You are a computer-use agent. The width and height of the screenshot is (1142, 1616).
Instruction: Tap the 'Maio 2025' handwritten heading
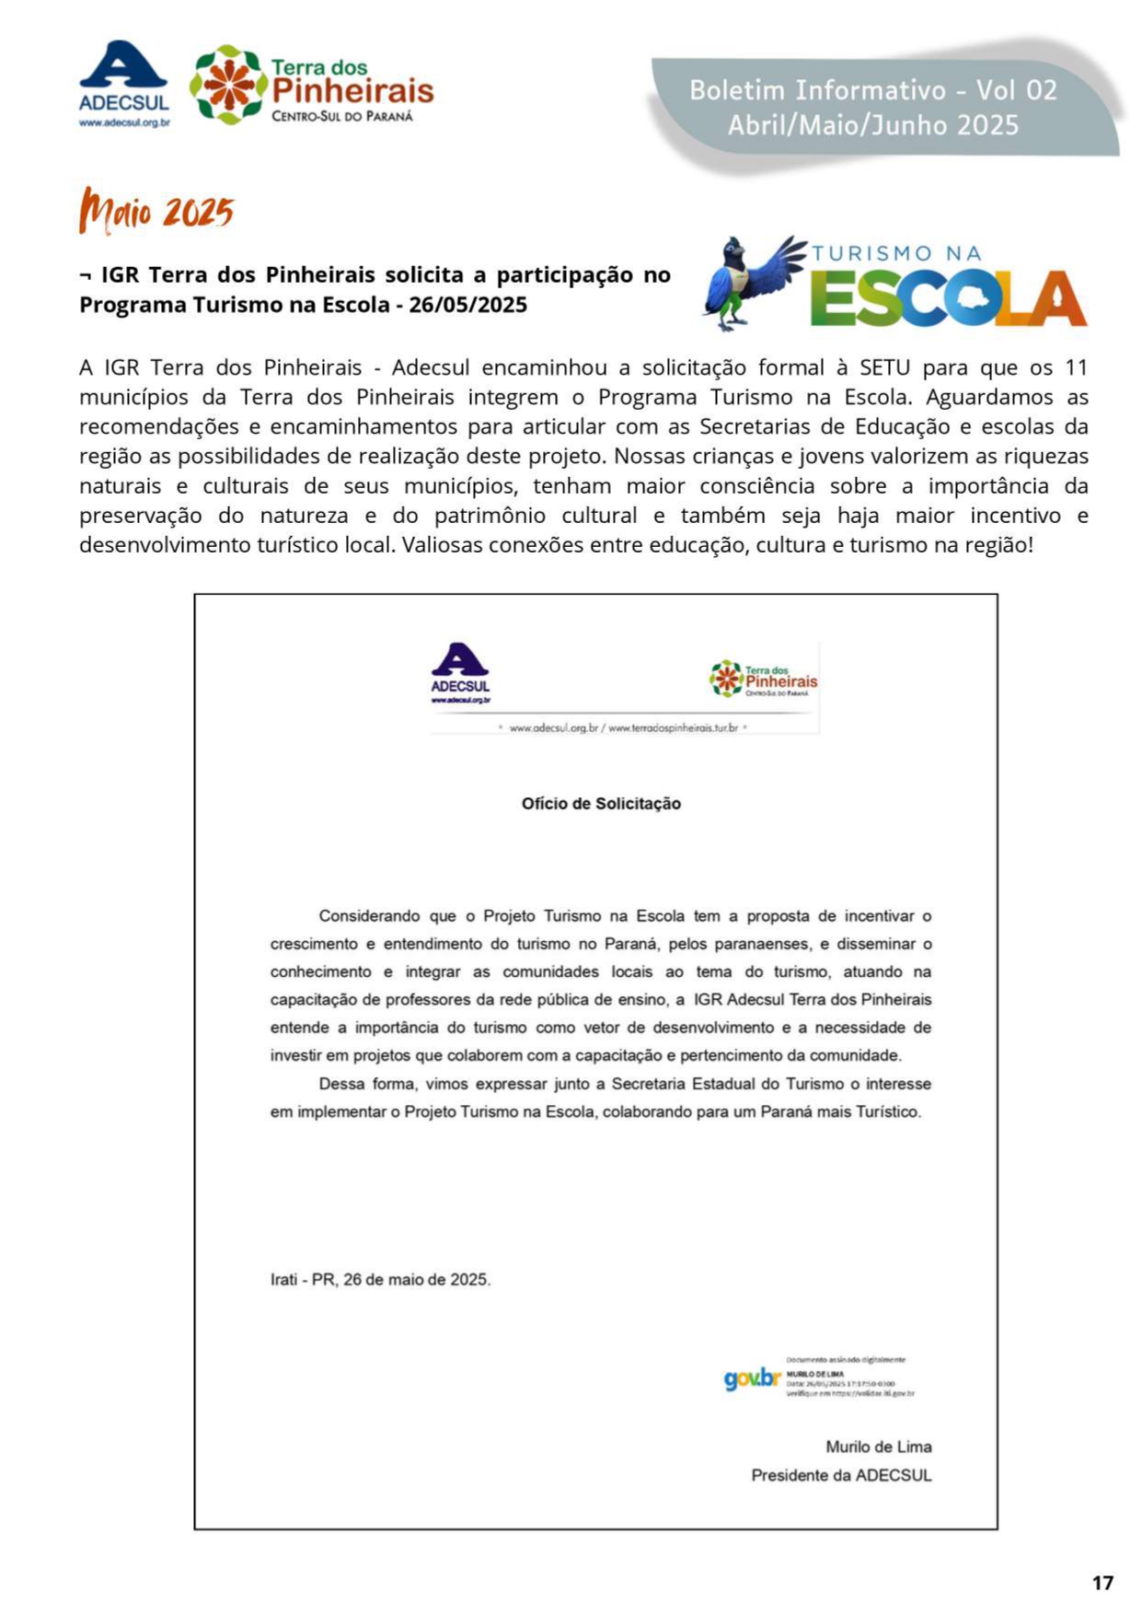click(x=156, y=211)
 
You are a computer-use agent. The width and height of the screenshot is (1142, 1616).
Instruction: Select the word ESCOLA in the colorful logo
click(x=948, y=298)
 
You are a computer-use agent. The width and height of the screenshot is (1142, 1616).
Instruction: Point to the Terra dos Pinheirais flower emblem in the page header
click(x=228, y=85)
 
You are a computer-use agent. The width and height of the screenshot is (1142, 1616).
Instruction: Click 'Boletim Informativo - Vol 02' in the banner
click(x=872, y=90)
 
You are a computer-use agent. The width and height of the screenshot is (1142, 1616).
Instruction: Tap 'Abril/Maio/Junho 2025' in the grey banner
click(x=872, y=125)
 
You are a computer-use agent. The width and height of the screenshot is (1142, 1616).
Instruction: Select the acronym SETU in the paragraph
click(x=883, y=368)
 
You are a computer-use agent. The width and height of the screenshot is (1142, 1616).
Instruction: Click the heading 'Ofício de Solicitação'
click(x=601, y=804)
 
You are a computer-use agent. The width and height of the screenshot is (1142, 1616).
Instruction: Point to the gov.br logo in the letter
click(x=752, y=1378)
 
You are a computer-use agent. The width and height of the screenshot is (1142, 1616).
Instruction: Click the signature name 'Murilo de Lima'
click(x=878, y=1447)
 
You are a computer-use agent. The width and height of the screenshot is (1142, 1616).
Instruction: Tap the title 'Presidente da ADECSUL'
click(x=841, y=1475)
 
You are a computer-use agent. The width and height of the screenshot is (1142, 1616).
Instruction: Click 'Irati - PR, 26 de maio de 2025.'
click(x=380, y=1279)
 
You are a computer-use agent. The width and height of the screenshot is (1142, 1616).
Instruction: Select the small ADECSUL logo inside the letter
click(x=460, y=673)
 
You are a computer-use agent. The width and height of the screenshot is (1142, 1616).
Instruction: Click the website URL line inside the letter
click(x=623, y=727)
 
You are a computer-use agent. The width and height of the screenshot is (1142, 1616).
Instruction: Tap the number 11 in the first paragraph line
click(x=1076, y=368)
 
